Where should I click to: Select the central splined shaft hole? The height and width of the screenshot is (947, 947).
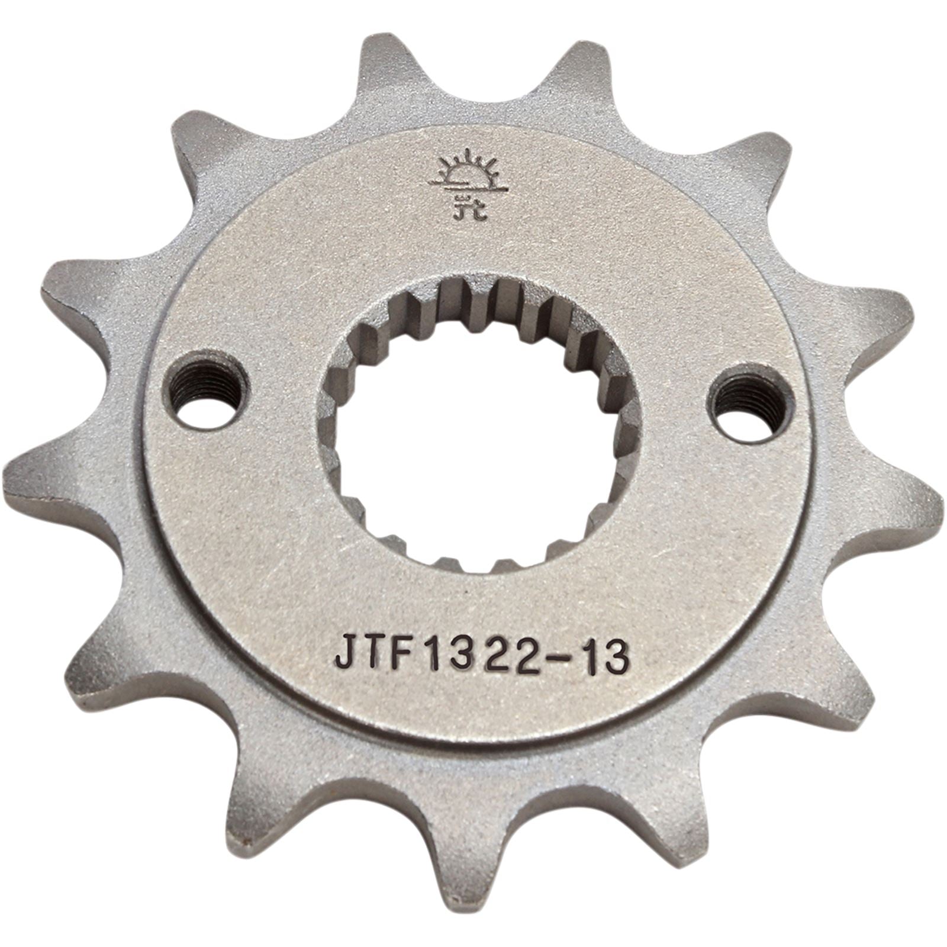[x=479, y=426]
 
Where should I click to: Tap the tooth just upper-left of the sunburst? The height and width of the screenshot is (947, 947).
[x=385, y=65]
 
